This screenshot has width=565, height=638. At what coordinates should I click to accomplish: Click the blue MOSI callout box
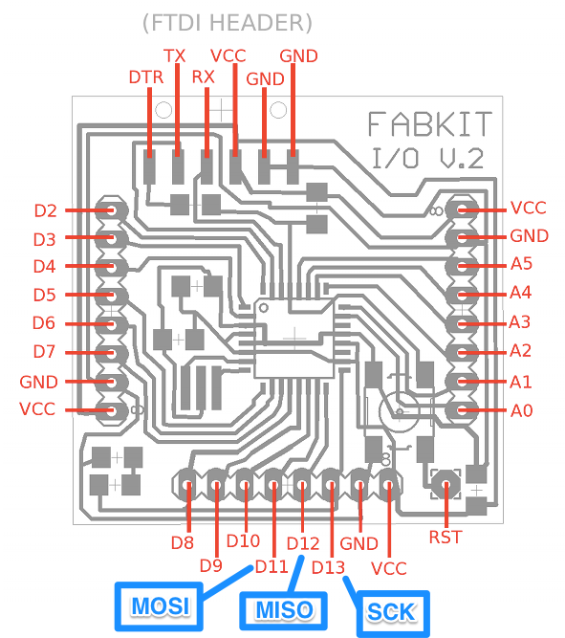159,606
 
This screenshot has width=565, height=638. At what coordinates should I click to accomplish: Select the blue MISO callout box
284,610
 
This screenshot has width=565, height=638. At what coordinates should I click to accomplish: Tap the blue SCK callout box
393,613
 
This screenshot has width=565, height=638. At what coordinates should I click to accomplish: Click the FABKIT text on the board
430,124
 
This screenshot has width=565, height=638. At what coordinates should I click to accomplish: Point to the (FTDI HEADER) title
228,23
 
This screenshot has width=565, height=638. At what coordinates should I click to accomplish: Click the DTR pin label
146,77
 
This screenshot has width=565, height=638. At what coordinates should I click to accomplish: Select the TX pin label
175,56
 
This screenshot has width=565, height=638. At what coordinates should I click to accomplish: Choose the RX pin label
203,77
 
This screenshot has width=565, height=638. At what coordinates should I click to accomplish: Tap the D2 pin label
46,210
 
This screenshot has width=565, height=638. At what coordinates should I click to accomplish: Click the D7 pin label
44,352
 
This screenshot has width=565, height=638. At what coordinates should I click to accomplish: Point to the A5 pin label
521,264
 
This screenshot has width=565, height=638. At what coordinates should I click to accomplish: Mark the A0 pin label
521,410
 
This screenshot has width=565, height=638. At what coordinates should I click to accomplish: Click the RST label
445,538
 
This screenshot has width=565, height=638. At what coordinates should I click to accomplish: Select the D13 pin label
328,567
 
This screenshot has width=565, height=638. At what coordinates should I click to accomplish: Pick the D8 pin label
183,542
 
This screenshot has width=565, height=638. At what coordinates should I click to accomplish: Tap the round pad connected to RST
446,484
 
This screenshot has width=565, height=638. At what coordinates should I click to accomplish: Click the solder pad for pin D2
112,210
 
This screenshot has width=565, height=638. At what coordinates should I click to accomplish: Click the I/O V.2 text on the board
428,159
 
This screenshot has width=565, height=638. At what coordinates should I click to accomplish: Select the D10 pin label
243,541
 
